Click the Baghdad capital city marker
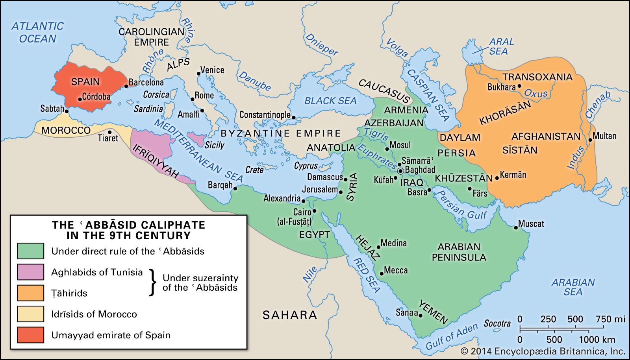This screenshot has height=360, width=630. coord(400,171)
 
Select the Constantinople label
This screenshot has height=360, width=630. coord(265,115)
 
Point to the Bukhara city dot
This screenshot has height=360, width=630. coord(519,86)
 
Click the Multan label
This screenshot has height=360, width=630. coord(604,136)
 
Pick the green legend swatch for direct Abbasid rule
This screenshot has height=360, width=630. coord(30,251)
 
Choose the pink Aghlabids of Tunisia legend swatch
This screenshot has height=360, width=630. coord(30,272)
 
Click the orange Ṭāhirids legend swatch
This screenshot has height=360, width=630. coord(30,293)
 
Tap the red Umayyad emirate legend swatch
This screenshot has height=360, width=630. coord(30,335)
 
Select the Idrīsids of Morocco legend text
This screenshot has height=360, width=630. coord(94,314)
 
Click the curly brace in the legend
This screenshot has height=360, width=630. coord(152,282)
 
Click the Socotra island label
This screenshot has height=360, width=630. coord(497,323)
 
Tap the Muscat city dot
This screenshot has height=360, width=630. coord(515,227)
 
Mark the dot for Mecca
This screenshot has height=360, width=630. coord(381,273)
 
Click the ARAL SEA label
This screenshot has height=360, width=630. coord(500,46)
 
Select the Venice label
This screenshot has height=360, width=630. coord(212,70)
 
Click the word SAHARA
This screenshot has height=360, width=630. coord(289,315)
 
